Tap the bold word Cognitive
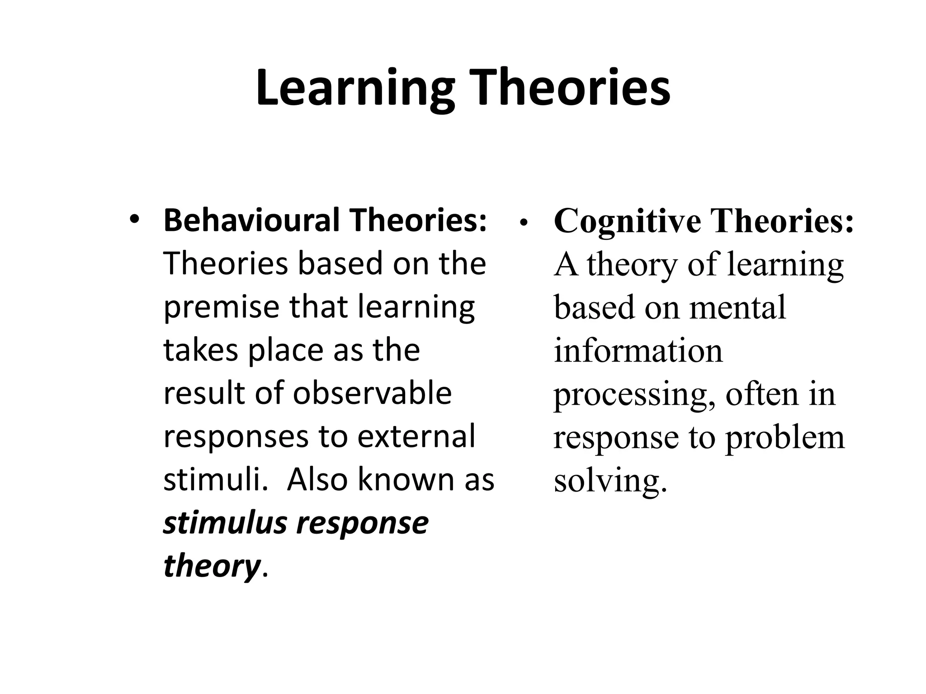(x=628, y=222)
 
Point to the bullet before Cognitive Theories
(x=524, y=222)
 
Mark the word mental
(x=738, y=308)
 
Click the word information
(x=638, y=351)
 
